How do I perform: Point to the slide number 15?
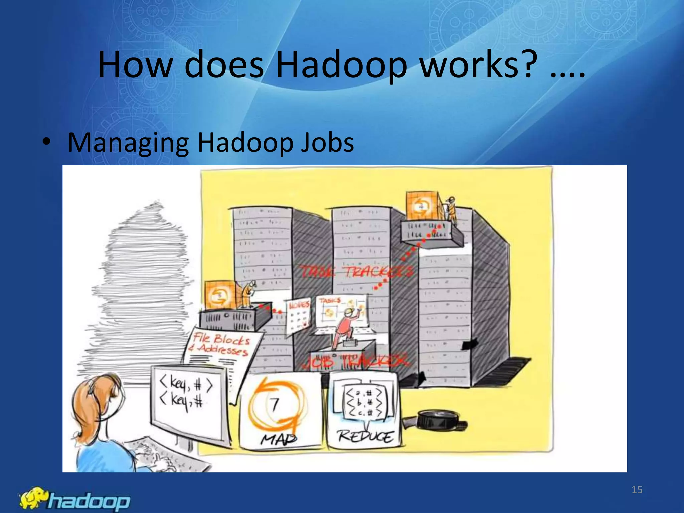637,490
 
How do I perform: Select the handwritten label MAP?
278,439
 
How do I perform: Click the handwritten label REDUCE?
365,436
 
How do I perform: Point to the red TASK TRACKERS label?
356,272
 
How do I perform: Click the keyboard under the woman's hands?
167,454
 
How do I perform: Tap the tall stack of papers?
140,284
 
